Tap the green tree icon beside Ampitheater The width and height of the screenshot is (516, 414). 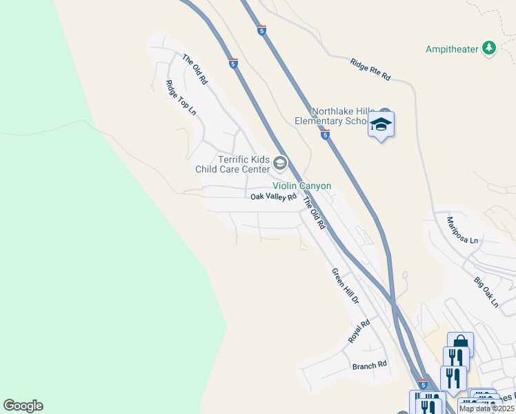489,48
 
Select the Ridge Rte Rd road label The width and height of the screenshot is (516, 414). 370,70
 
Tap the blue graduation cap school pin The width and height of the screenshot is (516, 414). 381,125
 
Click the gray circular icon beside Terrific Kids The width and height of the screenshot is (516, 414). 279,164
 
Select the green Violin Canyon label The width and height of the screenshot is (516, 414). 301,186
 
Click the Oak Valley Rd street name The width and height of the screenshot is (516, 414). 273,197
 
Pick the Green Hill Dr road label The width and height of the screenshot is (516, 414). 346,287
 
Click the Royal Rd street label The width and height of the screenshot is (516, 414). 359,331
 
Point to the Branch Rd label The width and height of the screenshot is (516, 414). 369,365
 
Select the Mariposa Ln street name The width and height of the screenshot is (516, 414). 462,230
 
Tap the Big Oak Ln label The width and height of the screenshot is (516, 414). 486,292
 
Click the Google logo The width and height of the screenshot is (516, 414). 23,406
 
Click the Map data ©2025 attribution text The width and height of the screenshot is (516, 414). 486,408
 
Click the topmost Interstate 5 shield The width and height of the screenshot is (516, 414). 261,30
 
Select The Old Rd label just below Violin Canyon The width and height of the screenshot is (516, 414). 314,213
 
